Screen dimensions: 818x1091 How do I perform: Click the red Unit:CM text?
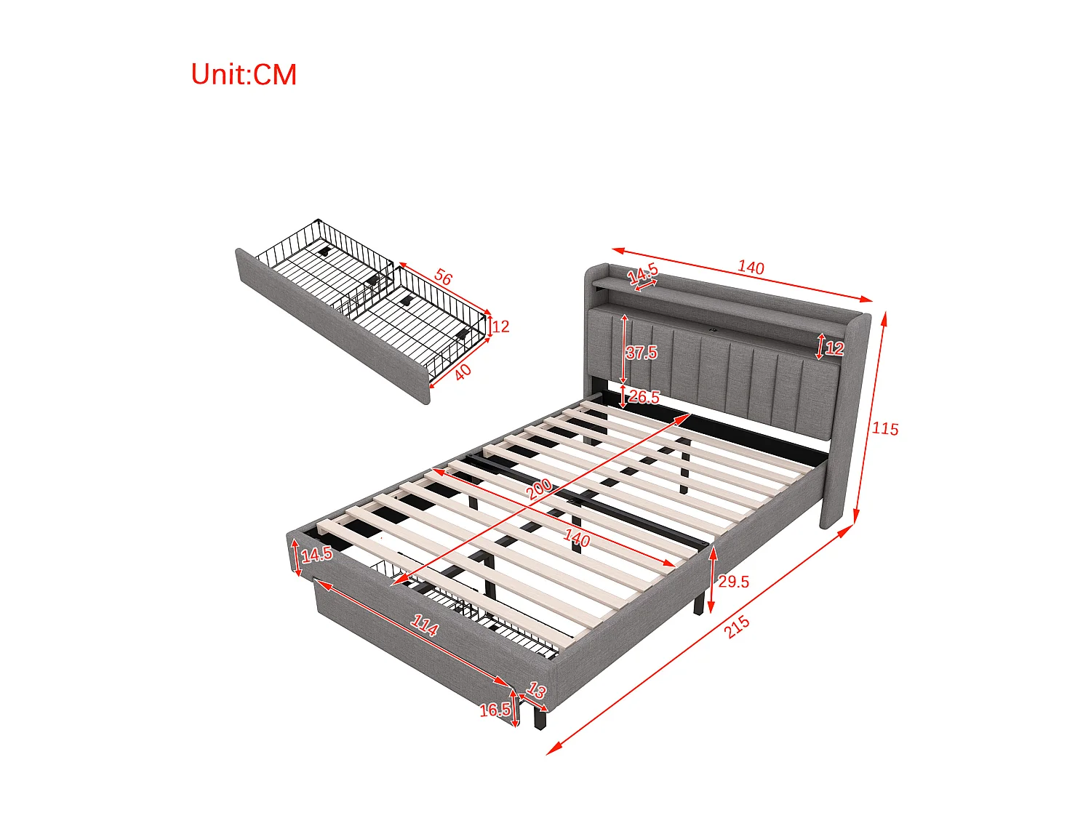click(x=244, y=75)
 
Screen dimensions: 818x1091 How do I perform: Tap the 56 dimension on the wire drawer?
click(x=443, y=278)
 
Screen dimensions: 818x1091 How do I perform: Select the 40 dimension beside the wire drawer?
click(x=463, y=372)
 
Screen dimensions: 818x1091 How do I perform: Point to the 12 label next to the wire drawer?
click(x=500, y=326)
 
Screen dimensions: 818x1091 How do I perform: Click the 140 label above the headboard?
click(x=751, y=268)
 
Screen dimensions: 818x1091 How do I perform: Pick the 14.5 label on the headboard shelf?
click(x=643, y=274)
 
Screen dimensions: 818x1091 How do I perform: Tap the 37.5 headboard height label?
click(x=642, y=353)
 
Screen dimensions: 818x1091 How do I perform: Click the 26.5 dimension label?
click(x=644, y=397)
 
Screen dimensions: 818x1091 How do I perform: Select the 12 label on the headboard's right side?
click(x=834, y=348)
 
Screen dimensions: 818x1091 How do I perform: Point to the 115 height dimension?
click(x=885, y=429)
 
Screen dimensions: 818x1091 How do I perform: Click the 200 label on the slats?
click(x=539, y=489)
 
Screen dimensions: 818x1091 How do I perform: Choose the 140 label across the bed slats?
click(x=577, y=538)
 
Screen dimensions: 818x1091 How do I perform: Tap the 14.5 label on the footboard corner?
click(x=316, y=555)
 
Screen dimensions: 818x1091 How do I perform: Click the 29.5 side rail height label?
click(x=733, y=582)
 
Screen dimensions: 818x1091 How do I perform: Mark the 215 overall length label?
click(x=737, y=627)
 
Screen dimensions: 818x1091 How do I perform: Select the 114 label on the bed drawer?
click(x=424, y=625)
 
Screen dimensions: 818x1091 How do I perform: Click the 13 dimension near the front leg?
click(x=536, y=690)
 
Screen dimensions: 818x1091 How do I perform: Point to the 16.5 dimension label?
click(x=495, y=710)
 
